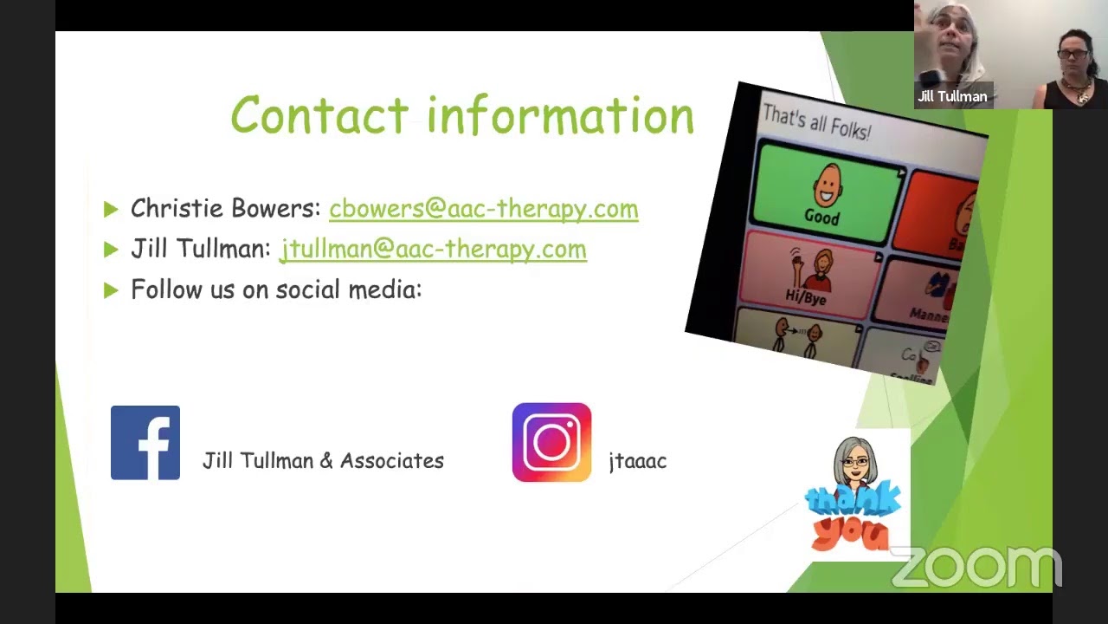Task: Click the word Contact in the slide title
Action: point(319,115)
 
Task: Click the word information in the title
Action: point(561,115)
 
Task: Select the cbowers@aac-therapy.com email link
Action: point(483,209)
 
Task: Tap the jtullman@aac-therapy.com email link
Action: point(433,250)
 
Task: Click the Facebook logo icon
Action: point(145,443)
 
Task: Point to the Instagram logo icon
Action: point(551,442)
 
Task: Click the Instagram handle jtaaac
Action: point(637,461)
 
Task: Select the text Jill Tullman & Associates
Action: point(323,461)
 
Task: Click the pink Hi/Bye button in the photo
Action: point(807,277)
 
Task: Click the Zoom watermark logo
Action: point(976,568)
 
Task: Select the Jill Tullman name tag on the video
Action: point(952,97)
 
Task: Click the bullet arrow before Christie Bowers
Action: point(110,209)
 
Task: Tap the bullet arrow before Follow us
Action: point(110,290)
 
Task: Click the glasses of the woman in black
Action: point(1073,55)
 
